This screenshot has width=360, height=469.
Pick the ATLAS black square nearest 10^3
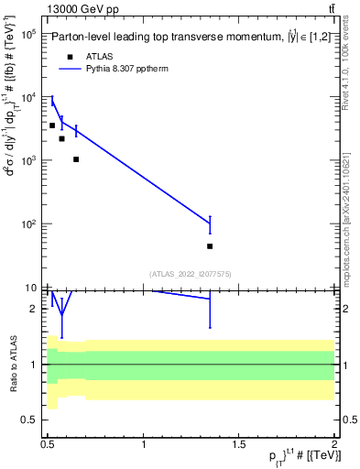tap(76, 159)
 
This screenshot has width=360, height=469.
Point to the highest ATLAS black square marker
tap(52, 125)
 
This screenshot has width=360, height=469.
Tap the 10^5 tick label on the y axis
tap(27, 34)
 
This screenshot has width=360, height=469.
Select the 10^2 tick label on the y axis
tap(27, 224)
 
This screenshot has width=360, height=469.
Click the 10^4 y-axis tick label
tap(27, 98)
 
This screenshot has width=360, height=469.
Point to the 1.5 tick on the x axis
tap(239, 444)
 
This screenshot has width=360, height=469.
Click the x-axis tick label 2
tap(334, 444)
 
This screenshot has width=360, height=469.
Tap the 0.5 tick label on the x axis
tap(48, 444)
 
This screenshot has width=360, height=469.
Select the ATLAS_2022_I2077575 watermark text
tap(191, 274)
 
